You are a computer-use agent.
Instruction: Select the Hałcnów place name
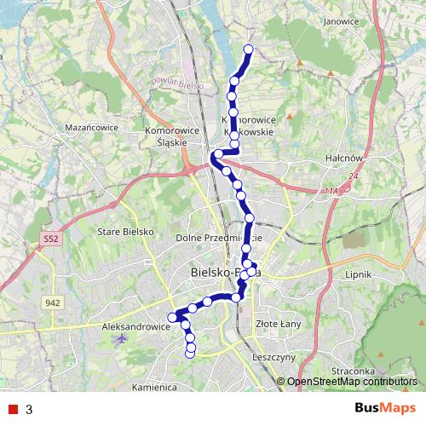[x=344, y=158]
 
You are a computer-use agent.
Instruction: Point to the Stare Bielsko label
[x=125, y=232]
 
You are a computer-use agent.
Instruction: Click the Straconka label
[x=354, y=371]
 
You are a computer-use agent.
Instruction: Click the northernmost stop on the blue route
[x=250, y=49]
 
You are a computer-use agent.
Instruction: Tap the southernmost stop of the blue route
[x=190, y=354]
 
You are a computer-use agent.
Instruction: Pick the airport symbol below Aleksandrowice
[x=118, y=339]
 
